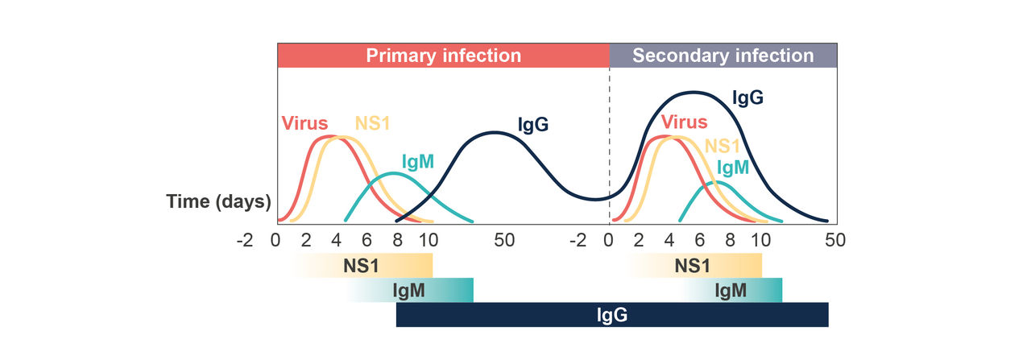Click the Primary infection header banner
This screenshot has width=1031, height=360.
443,56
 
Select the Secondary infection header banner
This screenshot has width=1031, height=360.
723,56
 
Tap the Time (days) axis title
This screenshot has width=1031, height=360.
218,201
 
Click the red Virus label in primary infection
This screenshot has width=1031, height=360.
304,124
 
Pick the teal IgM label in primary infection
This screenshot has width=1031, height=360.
416,161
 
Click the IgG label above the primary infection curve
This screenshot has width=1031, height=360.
533,125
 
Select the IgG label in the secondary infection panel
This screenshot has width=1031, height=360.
747,98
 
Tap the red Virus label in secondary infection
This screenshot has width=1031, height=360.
684,122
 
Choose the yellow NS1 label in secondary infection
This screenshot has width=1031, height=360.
722,146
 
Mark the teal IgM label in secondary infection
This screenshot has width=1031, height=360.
733,168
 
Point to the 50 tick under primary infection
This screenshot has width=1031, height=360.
503,239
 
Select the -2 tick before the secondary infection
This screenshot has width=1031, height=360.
578,239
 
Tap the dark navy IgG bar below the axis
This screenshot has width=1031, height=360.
612,314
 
